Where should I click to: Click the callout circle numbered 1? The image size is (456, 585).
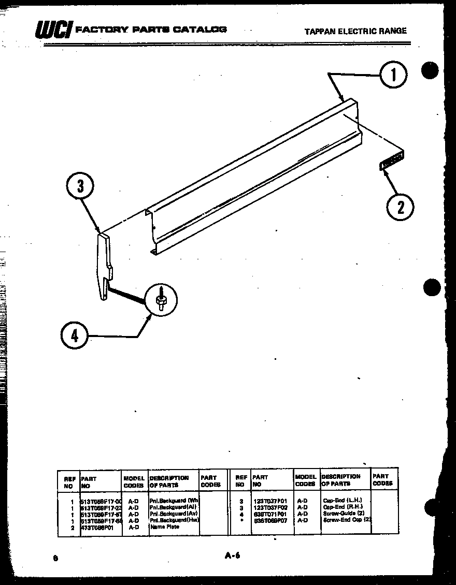394,76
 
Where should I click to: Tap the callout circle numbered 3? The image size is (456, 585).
81,186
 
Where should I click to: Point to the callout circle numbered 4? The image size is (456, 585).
75,336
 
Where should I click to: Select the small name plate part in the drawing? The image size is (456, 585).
392,161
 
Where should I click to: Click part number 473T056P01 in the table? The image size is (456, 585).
101,527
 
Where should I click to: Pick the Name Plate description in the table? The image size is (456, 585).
165,527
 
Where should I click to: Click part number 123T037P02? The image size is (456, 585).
270,507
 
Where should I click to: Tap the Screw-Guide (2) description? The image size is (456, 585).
344,514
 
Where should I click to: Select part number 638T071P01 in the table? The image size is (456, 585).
270,514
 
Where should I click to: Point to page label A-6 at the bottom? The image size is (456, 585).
232,557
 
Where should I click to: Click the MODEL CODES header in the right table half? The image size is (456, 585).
305,480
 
